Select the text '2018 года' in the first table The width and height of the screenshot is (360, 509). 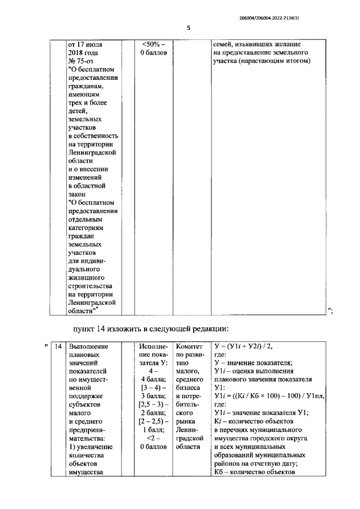pos(83,53)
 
